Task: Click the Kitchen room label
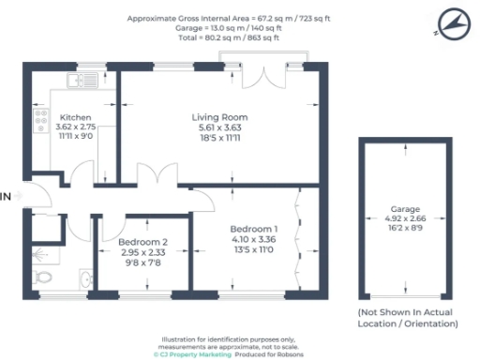(x=74, y=117)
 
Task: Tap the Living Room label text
(x=218, y=117)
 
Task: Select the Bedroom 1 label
(x=254, y=229)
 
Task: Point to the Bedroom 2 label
(x=143, y=242)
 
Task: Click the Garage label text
(x=405, y=209)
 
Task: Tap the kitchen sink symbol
(x=78, y=80)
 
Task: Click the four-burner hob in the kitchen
(x=40, y=119)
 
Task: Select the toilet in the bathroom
(x=44, y=277)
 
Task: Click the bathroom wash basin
(x=85, y=278)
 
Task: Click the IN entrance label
(x=7, y=197)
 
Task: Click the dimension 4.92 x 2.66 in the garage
(x=405, y=218)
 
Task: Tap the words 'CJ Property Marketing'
(x=190, y=354)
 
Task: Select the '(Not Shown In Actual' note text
(x=405, y=312)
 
